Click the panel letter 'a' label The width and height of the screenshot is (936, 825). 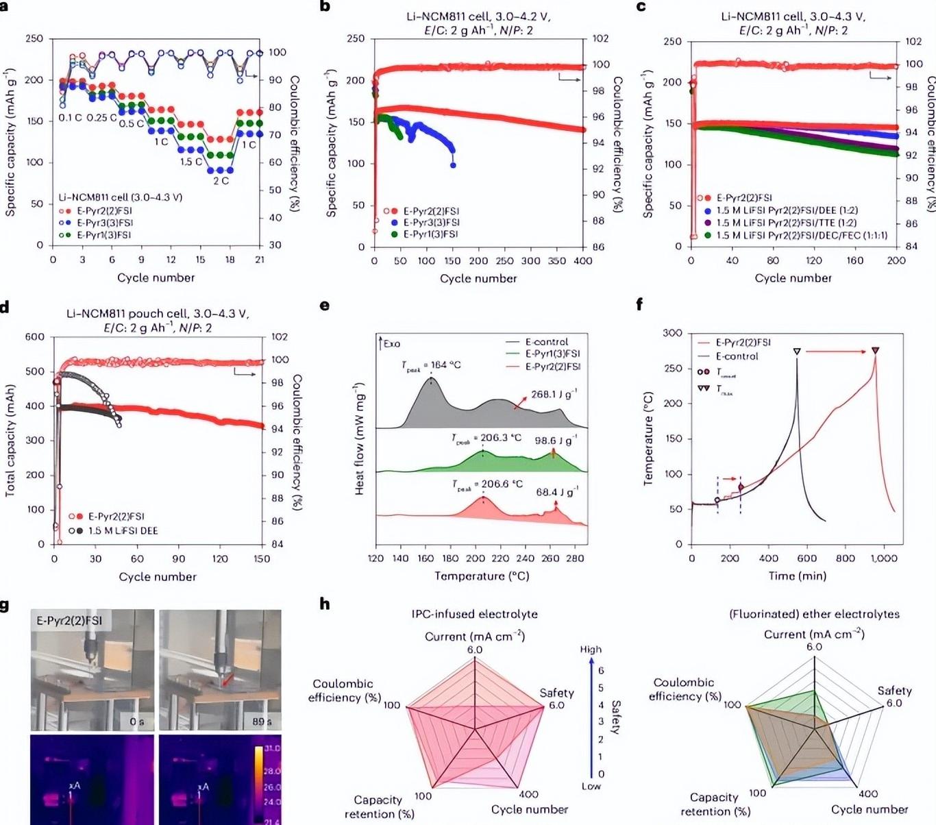point(5,6)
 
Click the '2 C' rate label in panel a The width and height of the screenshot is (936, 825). point(221,181)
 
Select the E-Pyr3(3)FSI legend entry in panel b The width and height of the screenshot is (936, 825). point(431,223)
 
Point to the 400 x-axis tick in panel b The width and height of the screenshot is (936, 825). point(583,261)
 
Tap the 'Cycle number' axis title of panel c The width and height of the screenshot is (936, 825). point(793,278)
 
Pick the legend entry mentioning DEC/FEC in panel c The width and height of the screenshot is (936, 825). point(802,236)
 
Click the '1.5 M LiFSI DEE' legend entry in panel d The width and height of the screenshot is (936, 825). point(123,530)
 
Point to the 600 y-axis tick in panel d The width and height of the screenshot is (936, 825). point(34,337)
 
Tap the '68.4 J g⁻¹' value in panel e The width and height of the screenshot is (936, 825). point(556,492)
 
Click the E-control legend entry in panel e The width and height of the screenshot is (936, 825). point(546,342)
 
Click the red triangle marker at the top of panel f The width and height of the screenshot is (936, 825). point(875,351)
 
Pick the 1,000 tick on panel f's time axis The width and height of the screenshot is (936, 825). point(884,558)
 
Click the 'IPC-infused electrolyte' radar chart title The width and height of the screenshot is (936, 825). point(474,614)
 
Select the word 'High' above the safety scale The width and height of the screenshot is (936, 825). point(591,650)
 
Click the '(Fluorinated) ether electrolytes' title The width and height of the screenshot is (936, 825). point(814,614)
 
